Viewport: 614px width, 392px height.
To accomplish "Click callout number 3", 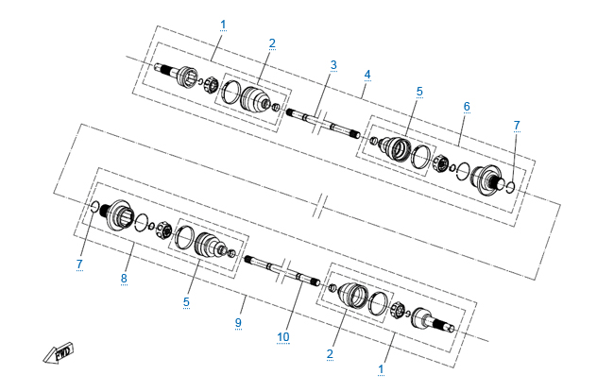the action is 333,65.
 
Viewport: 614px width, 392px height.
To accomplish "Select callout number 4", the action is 367,75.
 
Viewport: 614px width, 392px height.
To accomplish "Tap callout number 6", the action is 467,107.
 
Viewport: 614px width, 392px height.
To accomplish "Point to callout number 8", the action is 124,279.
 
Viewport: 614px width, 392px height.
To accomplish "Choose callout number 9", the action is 238,323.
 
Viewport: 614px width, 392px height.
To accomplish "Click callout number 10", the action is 283,337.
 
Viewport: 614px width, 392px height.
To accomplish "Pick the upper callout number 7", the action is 517,126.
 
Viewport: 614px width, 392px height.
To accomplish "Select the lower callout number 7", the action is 79,264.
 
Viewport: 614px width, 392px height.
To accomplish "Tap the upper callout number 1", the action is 223,25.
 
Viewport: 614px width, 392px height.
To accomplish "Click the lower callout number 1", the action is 381,369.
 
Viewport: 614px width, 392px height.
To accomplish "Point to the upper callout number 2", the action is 272,43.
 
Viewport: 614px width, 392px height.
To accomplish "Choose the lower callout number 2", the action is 330,354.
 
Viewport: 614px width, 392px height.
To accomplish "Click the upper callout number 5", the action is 419,92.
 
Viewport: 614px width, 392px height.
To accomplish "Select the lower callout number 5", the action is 186,302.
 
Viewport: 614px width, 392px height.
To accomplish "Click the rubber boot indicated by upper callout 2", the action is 254,98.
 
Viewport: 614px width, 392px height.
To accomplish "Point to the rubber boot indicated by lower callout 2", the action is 353,295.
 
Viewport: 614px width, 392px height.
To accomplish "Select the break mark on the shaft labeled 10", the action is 285,270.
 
